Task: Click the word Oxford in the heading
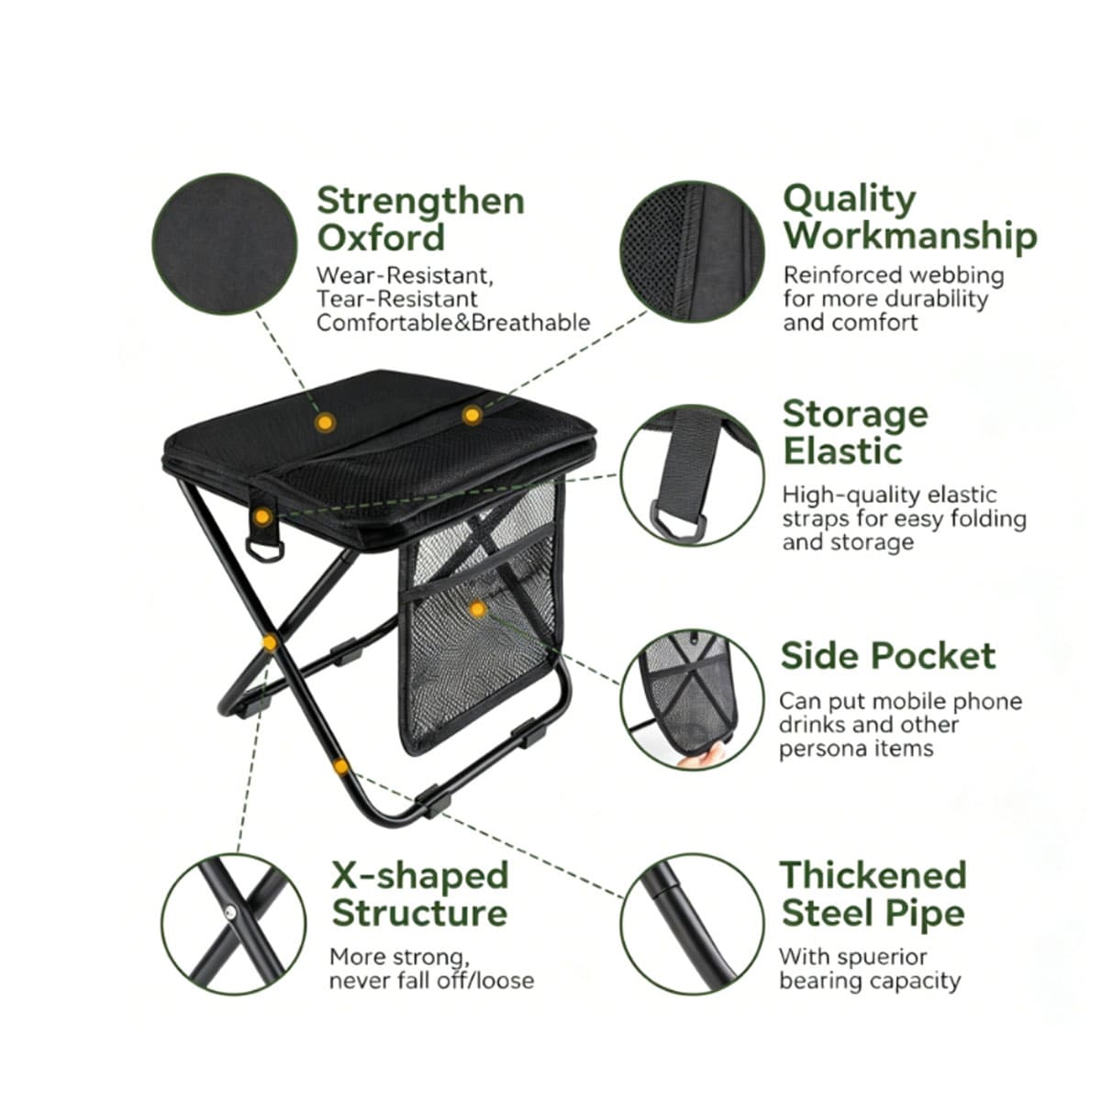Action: click(381, 238)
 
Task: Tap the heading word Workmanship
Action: click(910, 236)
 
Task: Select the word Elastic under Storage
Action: click(843, 451)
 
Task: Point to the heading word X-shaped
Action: click(420, 876)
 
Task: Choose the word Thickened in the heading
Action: click(873, 874)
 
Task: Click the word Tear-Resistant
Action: click(397, 299)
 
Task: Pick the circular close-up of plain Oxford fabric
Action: click(225, 244)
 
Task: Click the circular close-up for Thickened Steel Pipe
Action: click(692, 924)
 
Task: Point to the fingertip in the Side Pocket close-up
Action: click(702, 758)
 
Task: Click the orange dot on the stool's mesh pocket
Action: click(478, 609)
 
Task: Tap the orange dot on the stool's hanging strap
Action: click(262, 517)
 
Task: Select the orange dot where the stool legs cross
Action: click(270, 643)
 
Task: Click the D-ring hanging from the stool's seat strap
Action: click(264, 550)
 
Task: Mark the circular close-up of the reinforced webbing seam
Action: click(692, 252)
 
